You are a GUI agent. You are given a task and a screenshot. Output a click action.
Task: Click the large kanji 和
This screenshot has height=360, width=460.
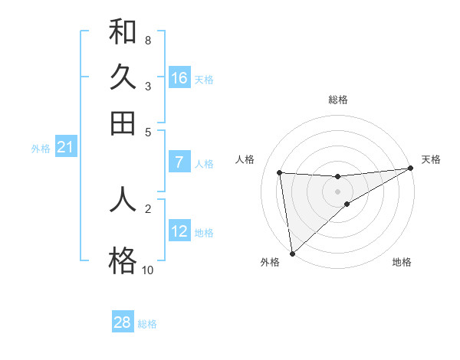123,33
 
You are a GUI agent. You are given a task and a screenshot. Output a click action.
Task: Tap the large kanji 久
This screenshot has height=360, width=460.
123,78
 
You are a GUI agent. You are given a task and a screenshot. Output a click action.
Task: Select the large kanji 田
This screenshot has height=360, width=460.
123,123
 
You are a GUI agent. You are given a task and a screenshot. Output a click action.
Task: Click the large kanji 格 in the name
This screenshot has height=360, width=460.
123,261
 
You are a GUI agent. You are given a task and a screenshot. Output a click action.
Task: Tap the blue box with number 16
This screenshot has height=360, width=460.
179,78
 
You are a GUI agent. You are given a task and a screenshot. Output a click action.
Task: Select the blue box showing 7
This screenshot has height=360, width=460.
179,162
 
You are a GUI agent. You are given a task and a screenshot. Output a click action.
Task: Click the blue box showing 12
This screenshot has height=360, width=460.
179,231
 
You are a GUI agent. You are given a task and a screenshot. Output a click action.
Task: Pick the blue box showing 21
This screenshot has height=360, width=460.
65,148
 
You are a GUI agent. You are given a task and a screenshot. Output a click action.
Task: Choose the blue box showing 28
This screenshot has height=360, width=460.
123,322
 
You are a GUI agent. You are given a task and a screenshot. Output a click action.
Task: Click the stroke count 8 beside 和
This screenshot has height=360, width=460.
147,40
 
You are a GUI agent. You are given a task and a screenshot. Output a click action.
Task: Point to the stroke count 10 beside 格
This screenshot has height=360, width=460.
147,270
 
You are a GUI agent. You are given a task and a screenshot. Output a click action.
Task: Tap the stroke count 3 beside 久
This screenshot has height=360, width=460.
147,86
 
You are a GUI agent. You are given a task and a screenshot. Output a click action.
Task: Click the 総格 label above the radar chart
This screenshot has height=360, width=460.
338,100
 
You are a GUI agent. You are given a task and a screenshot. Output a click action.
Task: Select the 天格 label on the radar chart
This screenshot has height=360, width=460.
431,159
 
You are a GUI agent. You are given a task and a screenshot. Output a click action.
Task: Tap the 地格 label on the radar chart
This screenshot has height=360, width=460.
402,262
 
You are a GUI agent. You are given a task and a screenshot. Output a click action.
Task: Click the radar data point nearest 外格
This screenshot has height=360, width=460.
292,254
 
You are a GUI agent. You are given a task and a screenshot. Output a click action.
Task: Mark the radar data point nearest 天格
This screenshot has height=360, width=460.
411,169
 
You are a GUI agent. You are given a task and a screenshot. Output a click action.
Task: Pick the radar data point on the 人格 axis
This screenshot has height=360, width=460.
280,172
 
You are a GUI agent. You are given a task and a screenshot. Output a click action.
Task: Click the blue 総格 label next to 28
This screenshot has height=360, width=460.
147,324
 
